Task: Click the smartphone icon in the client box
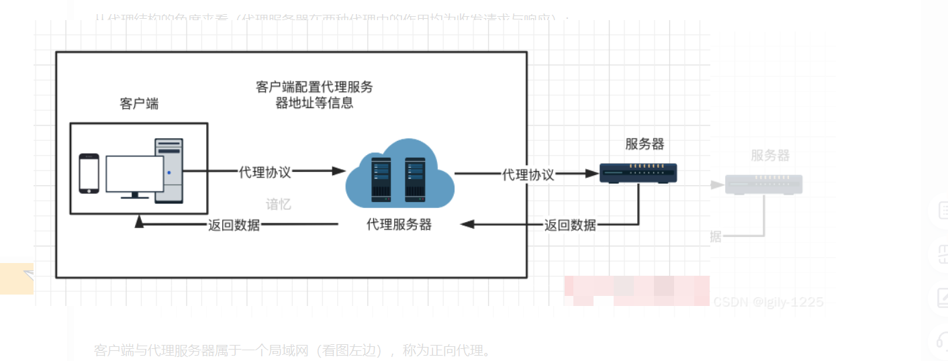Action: click(89, 173)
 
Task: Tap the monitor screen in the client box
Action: click(134, 174)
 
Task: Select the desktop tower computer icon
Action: click(169, 170)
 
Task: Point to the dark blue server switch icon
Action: click(638, 174)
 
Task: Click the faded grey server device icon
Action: click(763, 185)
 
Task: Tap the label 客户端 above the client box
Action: click(139, 104)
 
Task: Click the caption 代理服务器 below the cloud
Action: click(399, 225)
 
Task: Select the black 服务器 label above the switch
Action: click(645, 144)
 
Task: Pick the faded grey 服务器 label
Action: click(770, 156)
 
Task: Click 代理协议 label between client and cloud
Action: click(265, 172)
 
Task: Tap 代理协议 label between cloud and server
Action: click(528, 174)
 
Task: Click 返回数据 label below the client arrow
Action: click(234, 225)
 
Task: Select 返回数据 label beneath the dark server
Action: click(570, 225)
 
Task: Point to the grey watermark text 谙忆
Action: click(279, 205)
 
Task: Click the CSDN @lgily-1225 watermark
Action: click(768, 302)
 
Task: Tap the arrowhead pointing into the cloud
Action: click(339, 171)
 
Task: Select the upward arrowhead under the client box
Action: click(139, 221)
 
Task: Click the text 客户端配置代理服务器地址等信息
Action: click(314, 95)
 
